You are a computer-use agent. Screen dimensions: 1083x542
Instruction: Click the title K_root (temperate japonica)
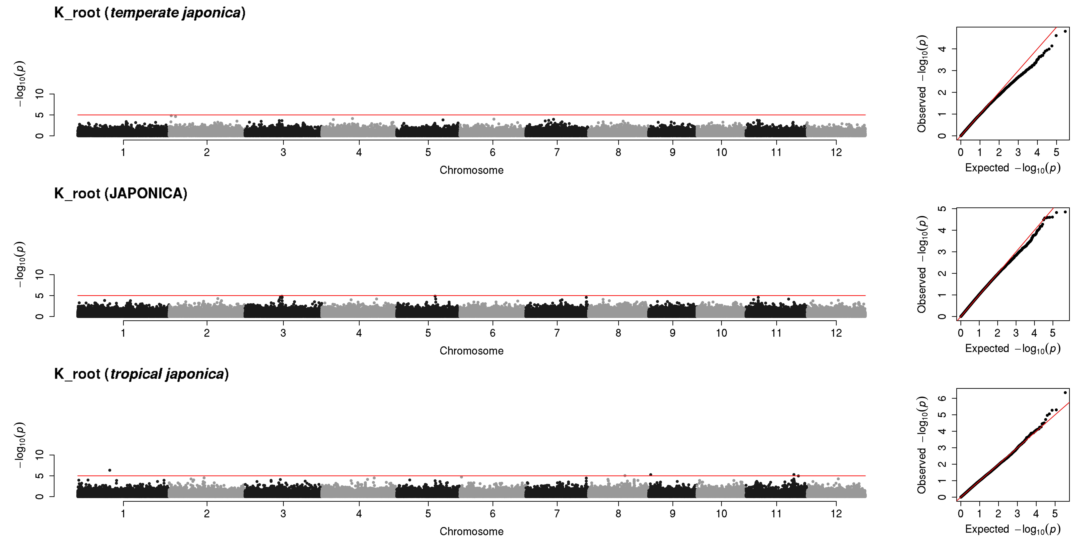pyautogui.click(x=150, y=13)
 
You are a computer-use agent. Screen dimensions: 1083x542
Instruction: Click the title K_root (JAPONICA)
pyautogui.click(x=121, y=194)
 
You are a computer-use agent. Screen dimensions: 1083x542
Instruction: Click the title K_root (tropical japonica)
pyautogui.click(x=141, y=374)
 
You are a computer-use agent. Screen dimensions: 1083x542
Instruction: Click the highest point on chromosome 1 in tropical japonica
pyautogui.click(x=110, y=470)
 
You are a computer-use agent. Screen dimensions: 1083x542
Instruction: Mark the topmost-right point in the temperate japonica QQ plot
pyautogui.click(x=1065, y=31)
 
